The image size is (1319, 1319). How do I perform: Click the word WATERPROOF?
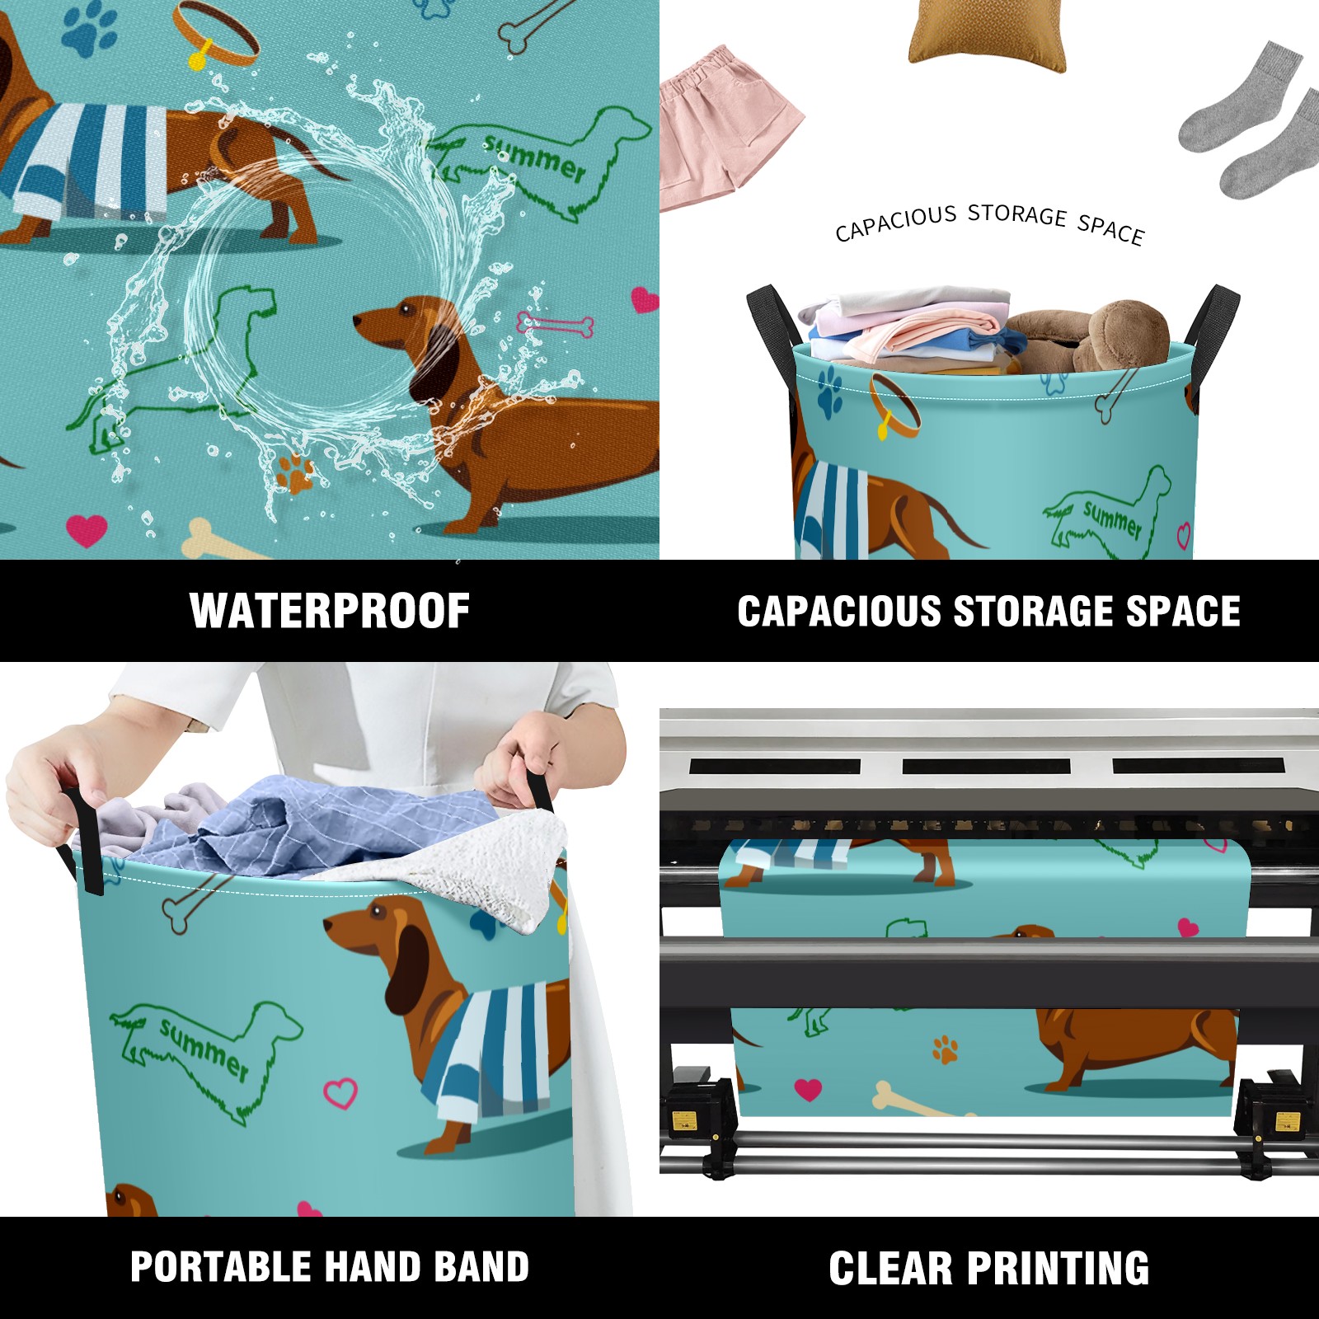330,611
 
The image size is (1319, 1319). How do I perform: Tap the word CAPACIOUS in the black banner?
839,612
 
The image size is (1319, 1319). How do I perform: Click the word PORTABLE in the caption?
220,1267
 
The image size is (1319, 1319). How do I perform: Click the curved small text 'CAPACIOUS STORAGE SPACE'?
989,223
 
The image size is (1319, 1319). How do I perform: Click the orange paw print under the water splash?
294,473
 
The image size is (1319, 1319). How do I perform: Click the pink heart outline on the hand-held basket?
340,1093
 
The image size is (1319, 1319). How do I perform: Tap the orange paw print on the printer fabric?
946,1049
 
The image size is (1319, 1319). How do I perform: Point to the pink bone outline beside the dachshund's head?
554,324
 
